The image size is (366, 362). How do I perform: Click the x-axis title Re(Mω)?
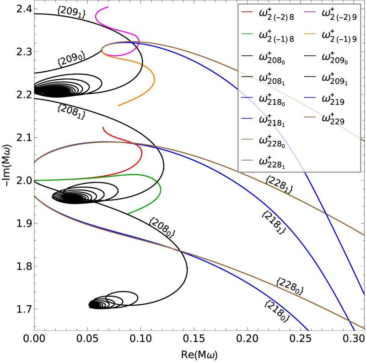coord(199,355)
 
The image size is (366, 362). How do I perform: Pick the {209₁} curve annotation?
coord(71,12)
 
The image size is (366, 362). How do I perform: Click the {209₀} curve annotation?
coord(71,59)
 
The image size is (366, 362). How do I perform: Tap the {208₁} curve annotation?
coord(71,112)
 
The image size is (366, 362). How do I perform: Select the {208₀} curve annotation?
coord(162,228)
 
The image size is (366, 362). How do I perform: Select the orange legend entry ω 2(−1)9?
coord(331,37)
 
